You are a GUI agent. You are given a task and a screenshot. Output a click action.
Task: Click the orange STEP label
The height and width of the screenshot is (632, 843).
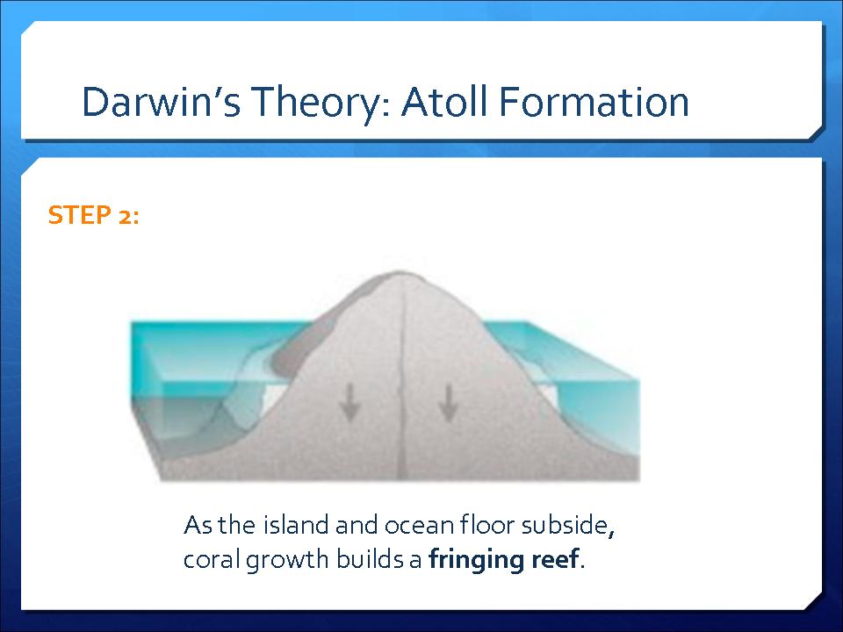pos(80,215)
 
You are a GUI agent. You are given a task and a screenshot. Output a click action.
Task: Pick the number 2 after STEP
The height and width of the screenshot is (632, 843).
pos(124,216)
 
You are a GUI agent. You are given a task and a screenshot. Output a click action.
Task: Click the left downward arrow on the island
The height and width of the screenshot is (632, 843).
pos(350,402)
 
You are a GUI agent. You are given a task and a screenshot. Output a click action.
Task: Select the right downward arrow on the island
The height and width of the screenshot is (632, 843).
pos(448,402)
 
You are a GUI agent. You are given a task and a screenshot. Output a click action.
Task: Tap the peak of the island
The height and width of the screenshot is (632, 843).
pos(399,272)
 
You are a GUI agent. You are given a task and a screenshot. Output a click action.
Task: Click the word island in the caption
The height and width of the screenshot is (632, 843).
pos(296,525)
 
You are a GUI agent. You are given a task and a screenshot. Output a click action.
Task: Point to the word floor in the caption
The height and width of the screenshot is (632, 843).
pos(487,525)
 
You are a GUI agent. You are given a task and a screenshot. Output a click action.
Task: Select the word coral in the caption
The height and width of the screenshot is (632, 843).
pos(212,559)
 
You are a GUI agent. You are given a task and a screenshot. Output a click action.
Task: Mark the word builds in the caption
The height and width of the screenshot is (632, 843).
pos(370,559)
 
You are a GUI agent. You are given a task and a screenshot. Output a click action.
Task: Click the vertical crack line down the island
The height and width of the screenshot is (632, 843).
pos(401,377)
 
